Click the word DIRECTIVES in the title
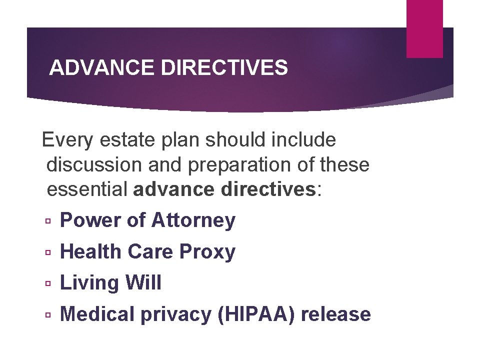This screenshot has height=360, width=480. pyautogui.click(x=224, y=67)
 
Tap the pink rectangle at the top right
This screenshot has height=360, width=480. pyautogui.click(x=424, y=28)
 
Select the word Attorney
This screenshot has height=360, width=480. pyautogui.click(x=193, y=220)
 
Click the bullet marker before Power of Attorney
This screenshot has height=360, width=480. pyautogui.click(x=47, y=221)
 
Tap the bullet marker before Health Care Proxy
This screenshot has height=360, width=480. pyautogui.click(x=47, y=252)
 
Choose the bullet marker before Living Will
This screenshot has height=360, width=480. pyautogui.click(x=47, y=284)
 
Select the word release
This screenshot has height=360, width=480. pyautogui.click(x=336, y=314)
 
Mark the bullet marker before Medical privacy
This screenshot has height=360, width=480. pyautogui.click(x=47, y=315)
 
